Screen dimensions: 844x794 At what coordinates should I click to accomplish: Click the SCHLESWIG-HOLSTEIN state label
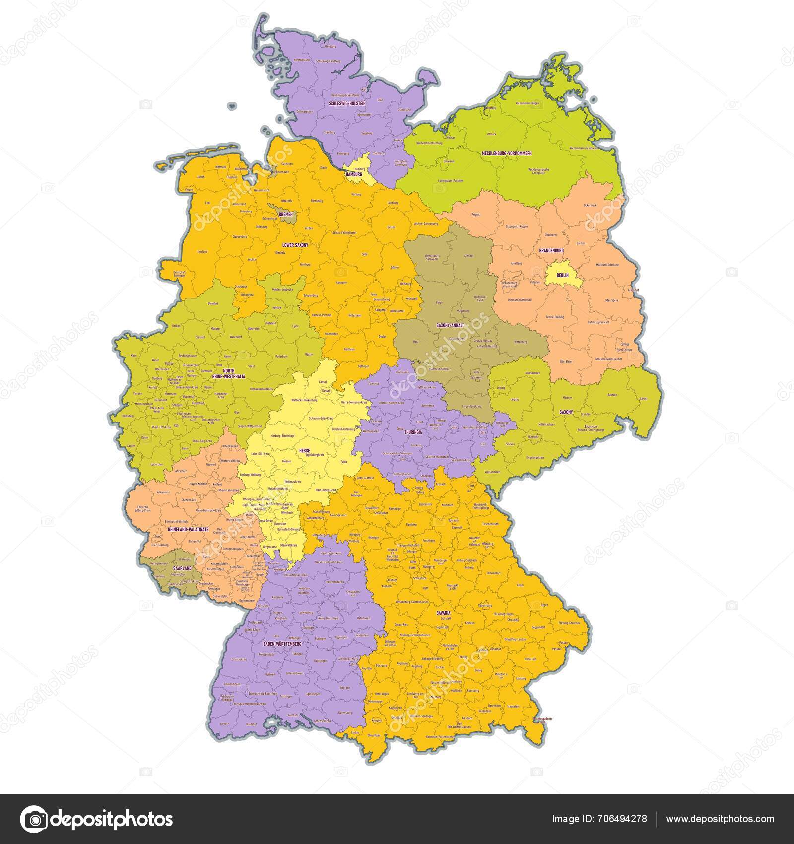coord(347,103)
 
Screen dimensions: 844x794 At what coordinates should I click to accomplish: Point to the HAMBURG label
coord(354,175)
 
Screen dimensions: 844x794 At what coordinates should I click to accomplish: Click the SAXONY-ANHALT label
coord(450,326)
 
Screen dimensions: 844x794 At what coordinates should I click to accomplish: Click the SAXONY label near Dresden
coord(566,412)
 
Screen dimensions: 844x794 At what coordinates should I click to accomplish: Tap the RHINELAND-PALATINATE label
coord(188,530)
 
